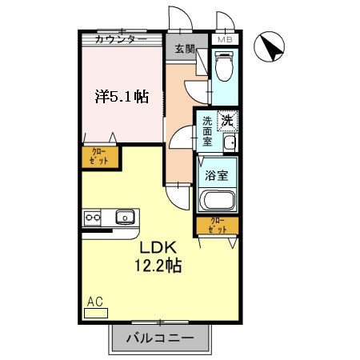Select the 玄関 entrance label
point(186,49)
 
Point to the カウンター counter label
point(120,39)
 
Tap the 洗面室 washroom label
point(207,131)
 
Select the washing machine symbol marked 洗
point(227,122)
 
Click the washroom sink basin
point(229,143)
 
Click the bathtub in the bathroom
point(217,201)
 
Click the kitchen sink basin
point(125,216)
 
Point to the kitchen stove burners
point(90,216)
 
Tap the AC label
point(95,302)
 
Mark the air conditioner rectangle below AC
point(95,313)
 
